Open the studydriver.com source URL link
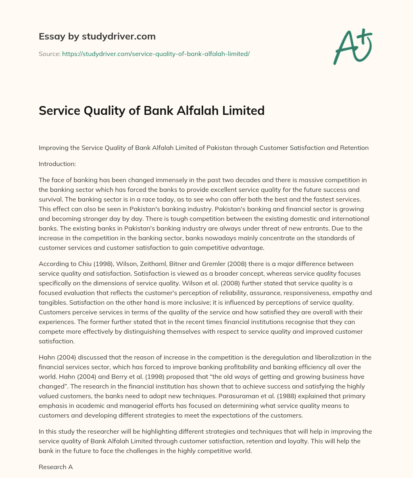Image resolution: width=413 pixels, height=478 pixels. click(156, 54)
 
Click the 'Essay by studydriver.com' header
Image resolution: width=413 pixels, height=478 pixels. click(97, 36)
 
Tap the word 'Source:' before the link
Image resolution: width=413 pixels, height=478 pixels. click(49, 54)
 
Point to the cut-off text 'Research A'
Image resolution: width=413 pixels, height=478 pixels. click(56, 467)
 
